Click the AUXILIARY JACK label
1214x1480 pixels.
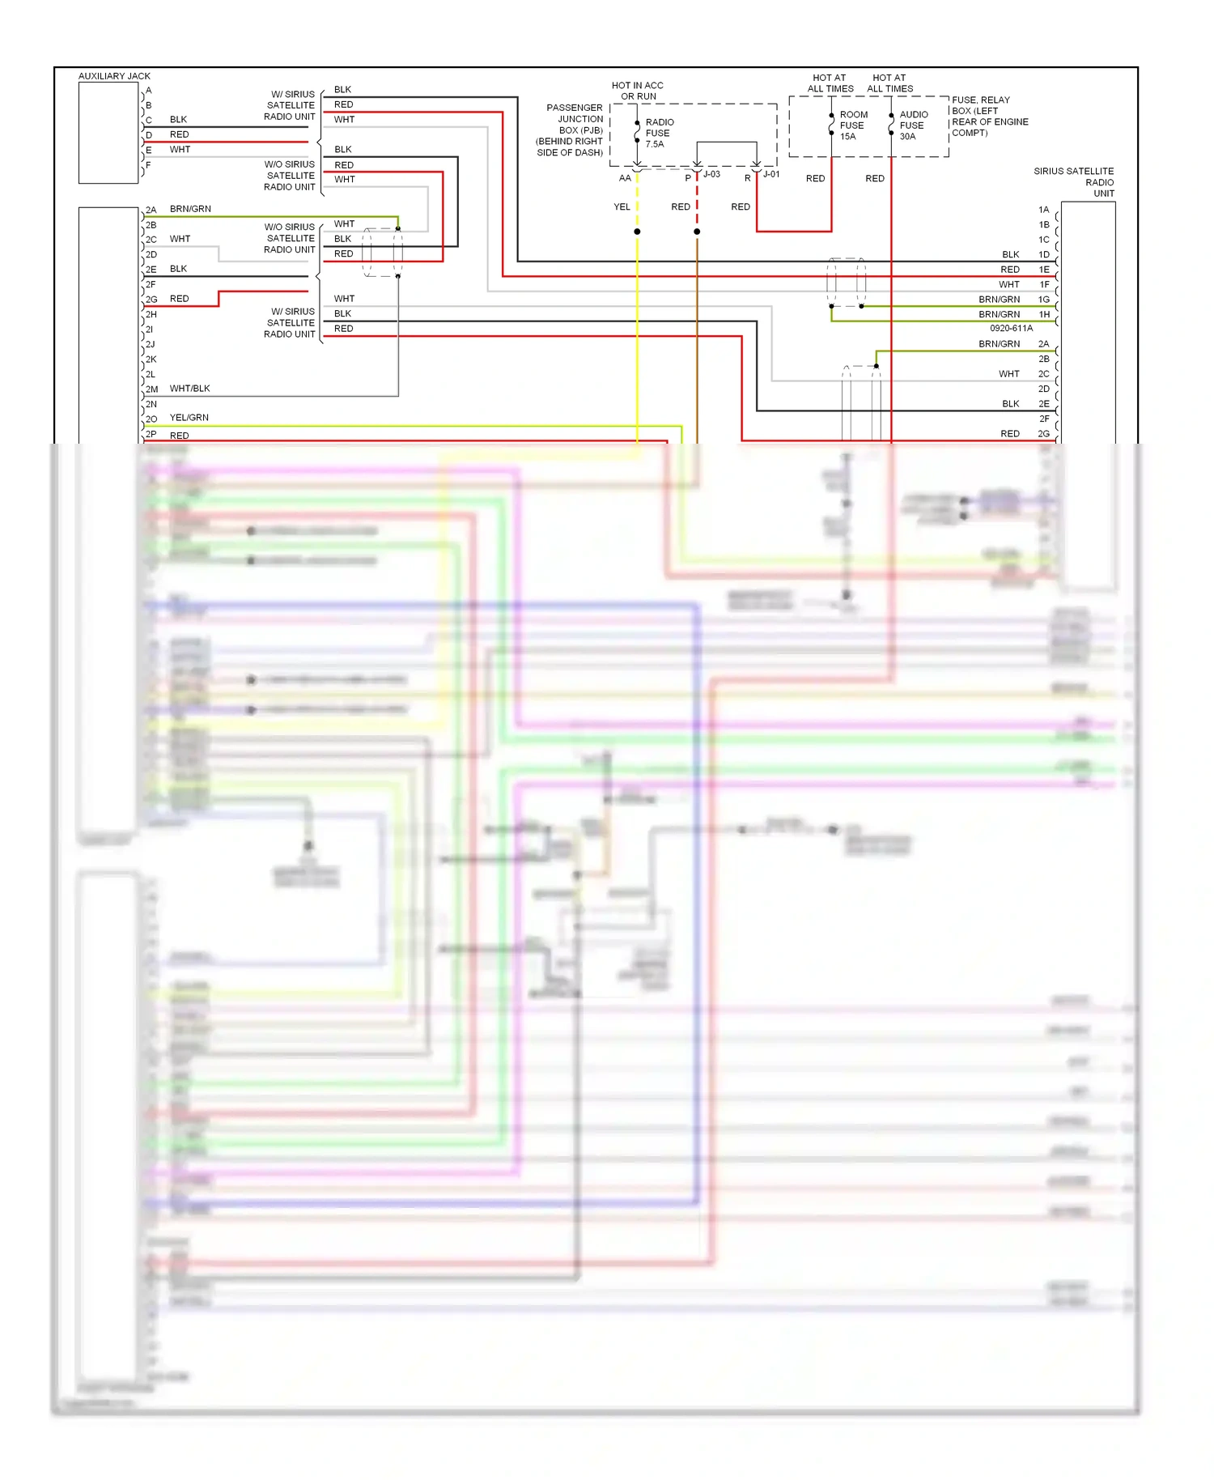click(x=114, y=76)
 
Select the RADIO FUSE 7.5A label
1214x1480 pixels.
click(x=658, y=133)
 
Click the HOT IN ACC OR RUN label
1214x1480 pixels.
click(x=638, y=91)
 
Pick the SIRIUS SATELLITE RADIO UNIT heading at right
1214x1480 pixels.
click(x=1076, y=182)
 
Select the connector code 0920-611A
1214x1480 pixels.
click(x=1011, y=329)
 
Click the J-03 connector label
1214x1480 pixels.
click(x=711, y=174)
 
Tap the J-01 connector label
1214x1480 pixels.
click(x=771, y=174)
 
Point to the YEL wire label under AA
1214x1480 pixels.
click(x=622, y=207)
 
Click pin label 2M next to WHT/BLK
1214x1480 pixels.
click(x=151, y=389)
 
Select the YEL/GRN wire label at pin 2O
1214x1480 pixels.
click(x=189, y=418)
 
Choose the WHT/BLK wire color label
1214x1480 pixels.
click(x=189, y=389)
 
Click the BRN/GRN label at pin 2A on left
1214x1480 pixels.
click(x=190, y=209)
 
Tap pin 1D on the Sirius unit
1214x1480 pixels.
click(x=1044, y=255)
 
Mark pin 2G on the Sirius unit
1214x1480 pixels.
click(x=1044, y=434)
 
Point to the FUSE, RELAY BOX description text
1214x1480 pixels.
click(x=989, y=117)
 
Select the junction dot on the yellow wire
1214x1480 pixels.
click(x=638, y=232)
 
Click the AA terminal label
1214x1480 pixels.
click(x=625, y=178)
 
